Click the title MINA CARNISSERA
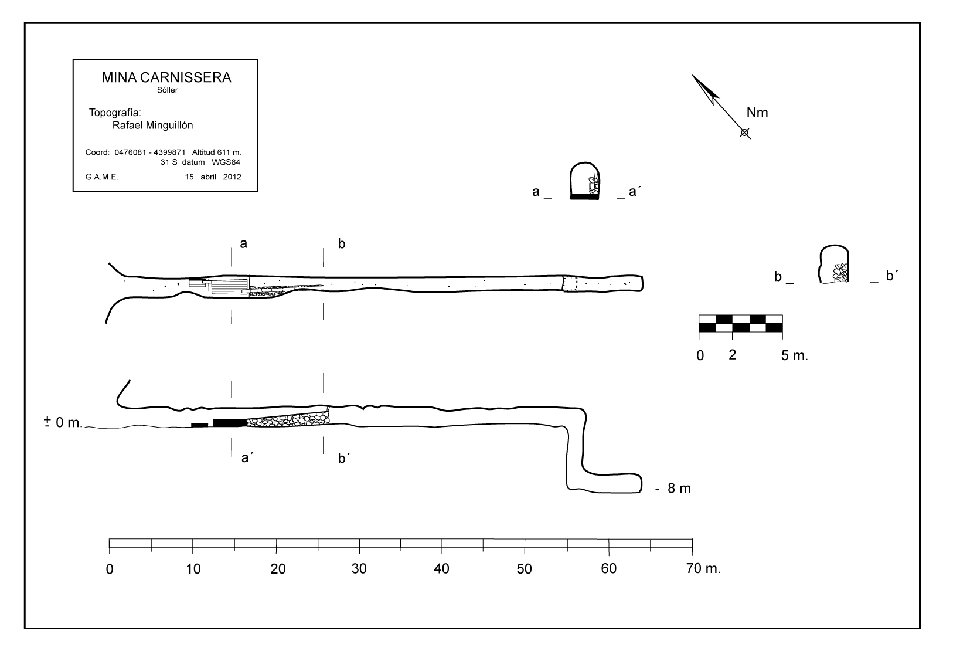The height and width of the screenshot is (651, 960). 166,77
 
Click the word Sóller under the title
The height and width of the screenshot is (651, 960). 168,90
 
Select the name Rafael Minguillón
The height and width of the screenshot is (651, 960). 152,125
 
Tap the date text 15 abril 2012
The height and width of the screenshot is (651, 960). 213,177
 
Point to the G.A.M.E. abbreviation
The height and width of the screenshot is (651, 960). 102,177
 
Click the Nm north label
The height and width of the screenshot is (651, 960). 757,113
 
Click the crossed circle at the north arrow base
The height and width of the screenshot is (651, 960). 744,133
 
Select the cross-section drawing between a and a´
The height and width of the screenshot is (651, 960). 585,181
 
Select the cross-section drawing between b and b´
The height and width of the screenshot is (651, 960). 835,265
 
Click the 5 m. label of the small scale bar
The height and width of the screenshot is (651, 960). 794,355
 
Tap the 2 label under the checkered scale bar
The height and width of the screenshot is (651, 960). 732,354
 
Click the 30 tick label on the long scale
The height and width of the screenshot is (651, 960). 359,568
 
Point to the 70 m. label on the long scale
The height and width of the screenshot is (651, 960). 704,568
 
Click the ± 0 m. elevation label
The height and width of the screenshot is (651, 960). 63,422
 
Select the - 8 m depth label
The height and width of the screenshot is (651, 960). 673,488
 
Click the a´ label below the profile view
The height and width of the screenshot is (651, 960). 247,458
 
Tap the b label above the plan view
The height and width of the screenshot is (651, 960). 341,244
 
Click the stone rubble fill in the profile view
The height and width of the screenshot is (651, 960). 290,419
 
